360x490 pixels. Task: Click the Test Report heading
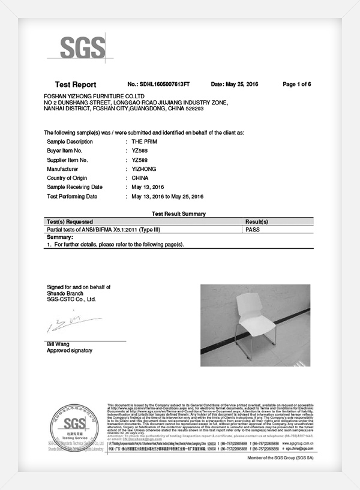point(76,85)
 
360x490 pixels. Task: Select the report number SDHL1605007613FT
point(159,85)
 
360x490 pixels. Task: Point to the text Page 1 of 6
point(296,85)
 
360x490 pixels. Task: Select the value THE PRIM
point(144,141)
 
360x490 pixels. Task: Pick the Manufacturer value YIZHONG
point(143,169)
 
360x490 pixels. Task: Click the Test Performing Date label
point(71,196)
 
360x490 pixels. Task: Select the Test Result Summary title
point(179,214)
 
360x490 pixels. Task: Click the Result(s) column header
point(257,222)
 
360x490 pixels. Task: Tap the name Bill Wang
point(59,344)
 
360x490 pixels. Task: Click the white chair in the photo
point(253,321)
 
